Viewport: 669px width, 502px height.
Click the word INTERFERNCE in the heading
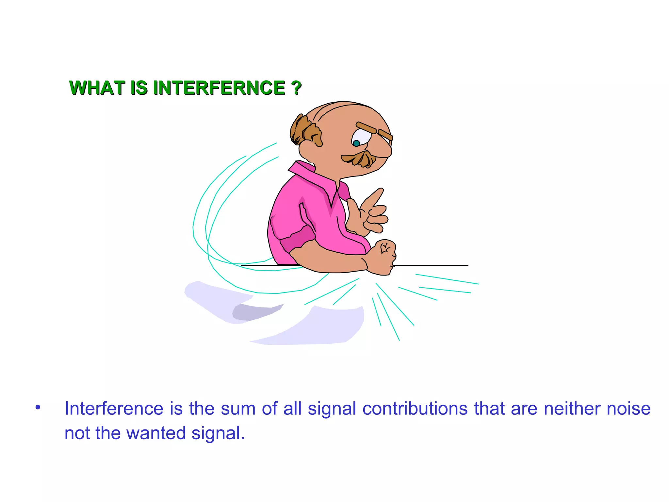click(219, 88)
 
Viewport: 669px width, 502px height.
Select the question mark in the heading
click(296, 88)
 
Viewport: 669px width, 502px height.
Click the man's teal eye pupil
click(356, 143)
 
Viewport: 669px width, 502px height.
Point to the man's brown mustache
click(359, 159)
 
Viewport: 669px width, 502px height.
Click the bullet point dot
click(38, 408)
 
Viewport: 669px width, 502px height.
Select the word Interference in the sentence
click(114, 409)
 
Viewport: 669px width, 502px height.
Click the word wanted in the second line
click(156, 433)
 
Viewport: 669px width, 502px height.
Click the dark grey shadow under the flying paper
click(255, 312)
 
